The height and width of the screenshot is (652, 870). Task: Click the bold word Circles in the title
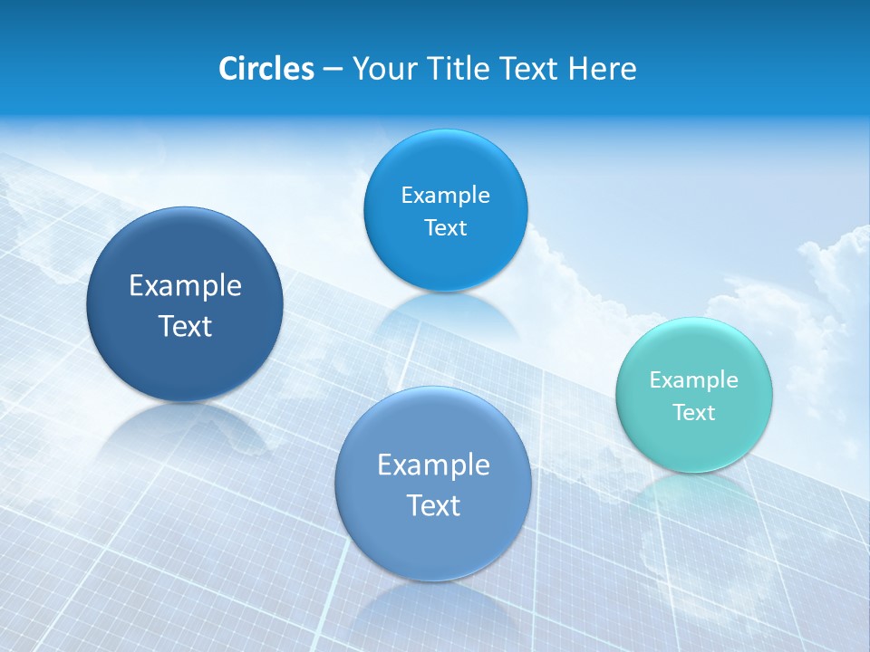coord(266,69)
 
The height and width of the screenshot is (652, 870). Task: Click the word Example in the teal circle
coord(694,380)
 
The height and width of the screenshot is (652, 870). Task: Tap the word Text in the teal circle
coord(694,413)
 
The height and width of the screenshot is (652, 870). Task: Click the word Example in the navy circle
coord(185,286)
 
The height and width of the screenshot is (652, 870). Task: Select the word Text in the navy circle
coord(185,327)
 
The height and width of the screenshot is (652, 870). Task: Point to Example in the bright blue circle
coord(445,196)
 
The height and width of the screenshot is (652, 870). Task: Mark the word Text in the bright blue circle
coord(445,228)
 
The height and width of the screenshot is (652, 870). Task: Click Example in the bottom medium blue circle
coord(433,465)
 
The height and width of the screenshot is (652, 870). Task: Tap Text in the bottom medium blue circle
coord(433,505)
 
